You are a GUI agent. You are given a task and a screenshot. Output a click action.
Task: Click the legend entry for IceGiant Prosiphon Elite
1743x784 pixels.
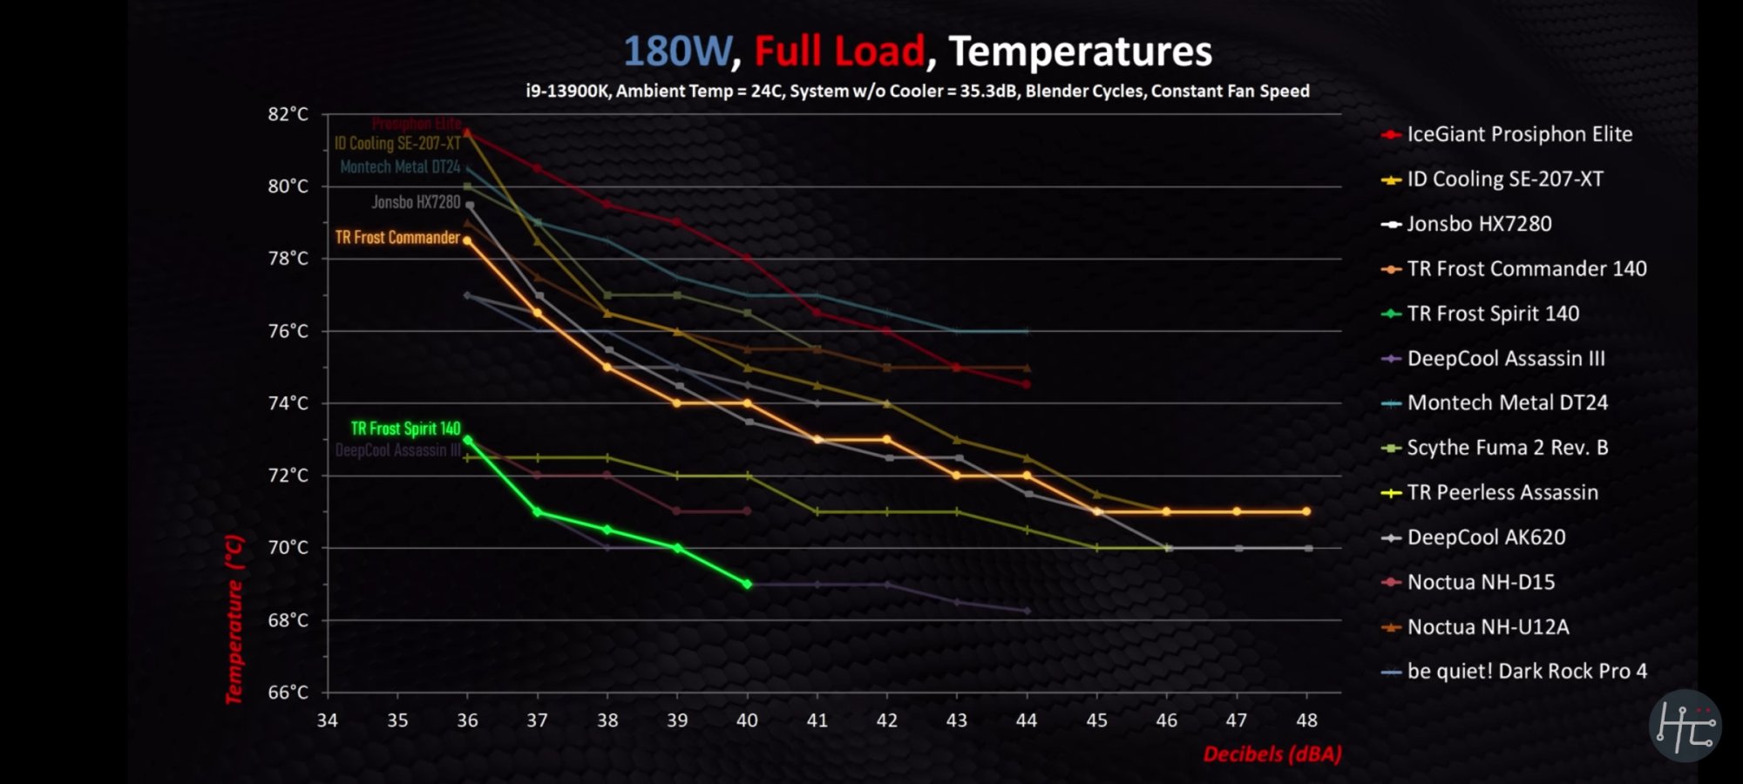pyautogui.click(x=1519, y=134)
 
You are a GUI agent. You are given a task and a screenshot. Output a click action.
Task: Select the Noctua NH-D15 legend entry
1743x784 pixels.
pyautogui.click(x=1481, y=582)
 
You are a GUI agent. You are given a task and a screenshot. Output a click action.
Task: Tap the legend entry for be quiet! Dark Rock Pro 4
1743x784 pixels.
pyautogui.click(x=1527, y=672)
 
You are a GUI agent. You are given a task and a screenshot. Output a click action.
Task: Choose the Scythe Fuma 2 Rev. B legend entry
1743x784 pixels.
pyautogui.click(x=1507, y=448)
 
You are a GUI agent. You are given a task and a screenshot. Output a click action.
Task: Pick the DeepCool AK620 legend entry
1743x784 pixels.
pyautogui.click(x=1486, y=537)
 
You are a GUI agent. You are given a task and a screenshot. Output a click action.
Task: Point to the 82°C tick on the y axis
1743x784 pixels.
pyautogui.click(x=288, y=114)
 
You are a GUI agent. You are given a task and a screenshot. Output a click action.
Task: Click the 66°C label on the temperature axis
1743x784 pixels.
pyautogui.click(x=288, y=693)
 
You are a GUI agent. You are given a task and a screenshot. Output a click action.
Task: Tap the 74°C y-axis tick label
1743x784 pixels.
pyautogui.click(x=288, y=403)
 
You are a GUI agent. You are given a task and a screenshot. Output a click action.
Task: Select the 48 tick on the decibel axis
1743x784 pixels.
pyautogui.click(x=1306, y=720)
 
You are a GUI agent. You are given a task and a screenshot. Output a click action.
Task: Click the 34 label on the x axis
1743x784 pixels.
pyautogui.click(x=327, y=720)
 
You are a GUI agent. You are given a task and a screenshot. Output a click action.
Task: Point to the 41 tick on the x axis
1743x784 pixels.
pyautogui.click(x=817, y=720)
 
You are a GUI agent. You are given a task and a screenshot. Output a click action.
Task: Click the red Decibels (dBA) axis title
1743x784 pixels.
pyautogui.click(x=1272, y=754)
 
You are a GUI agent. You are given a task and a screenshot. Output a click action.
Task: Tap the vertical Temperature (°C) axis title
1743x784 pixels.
pyautogui.click(x=234, y=619)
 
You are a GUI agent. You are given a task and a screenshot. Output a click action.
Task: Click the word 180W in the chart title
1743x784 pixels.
pyautogui.click(x=677, y=51)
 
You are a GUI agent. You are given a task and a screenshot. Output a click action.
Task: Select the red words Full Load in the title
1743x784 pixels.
pyautogui.click(x=838, y=51)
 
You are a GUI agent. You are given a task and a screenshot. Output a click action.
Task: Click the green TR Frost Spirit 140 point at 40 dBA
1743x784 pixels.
pyautogui.click(x=748, y=584)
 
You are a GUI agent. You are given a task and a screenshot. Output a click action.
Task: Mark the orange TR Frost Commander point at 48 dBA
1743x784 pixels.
pyautogui.click(x=1306, y=511)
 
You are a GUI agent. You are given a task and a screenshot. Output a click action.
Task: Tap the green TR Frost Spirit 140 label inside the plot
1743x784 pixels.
pyautogui.click(x=405, y=429)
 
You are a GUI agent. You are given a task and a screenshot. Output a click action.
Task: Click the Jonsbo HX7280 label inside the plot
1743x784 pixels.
pyautogui.click(x=416, y=202)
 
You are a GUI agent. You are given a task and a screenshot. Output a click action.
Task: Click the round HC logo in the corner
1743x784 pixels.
pyautogui.click(x=1685, y=726)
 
